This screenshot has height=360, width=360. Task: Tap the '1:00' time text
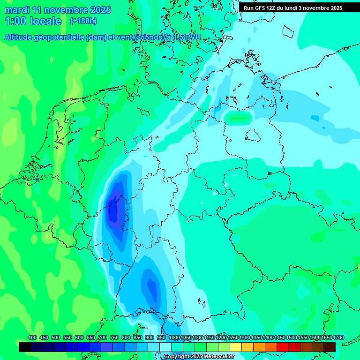point(15,22)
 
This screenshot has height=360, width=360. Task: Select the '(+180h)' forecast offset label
point(83,21)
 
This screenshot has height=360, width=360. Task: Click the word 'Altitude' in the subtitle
point(21,37)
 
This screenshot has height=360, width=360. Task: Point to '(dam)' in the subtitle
point(97,37)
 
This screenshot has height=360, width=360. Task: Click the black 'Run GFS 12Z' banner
point(293,8)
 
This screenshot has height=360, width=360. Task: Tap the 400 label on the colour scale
point(32,337)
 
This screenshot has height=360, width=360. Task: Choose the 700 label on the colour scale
point(103,337)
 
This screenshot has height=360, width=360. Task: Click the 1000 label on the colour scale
point(174,337)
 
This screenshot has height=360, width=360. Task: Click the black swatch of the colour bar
point(25,347)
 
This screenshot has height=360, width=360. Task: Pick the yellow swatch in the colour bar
point(236,347)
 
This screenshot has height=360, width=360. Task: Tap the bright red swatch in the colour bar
point(283,347)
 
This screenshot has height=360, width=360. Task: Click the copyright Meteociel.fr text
point(199,357)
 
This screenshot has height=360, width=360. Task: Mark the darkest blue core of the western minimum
point(113,211)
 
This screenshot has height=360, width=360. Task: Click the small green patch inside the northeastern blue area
point(238,118)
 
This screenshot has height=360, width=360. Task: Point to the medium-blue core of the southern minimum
point(152,286)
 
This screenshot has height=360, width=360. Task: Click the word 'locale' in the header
point(45,22)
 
